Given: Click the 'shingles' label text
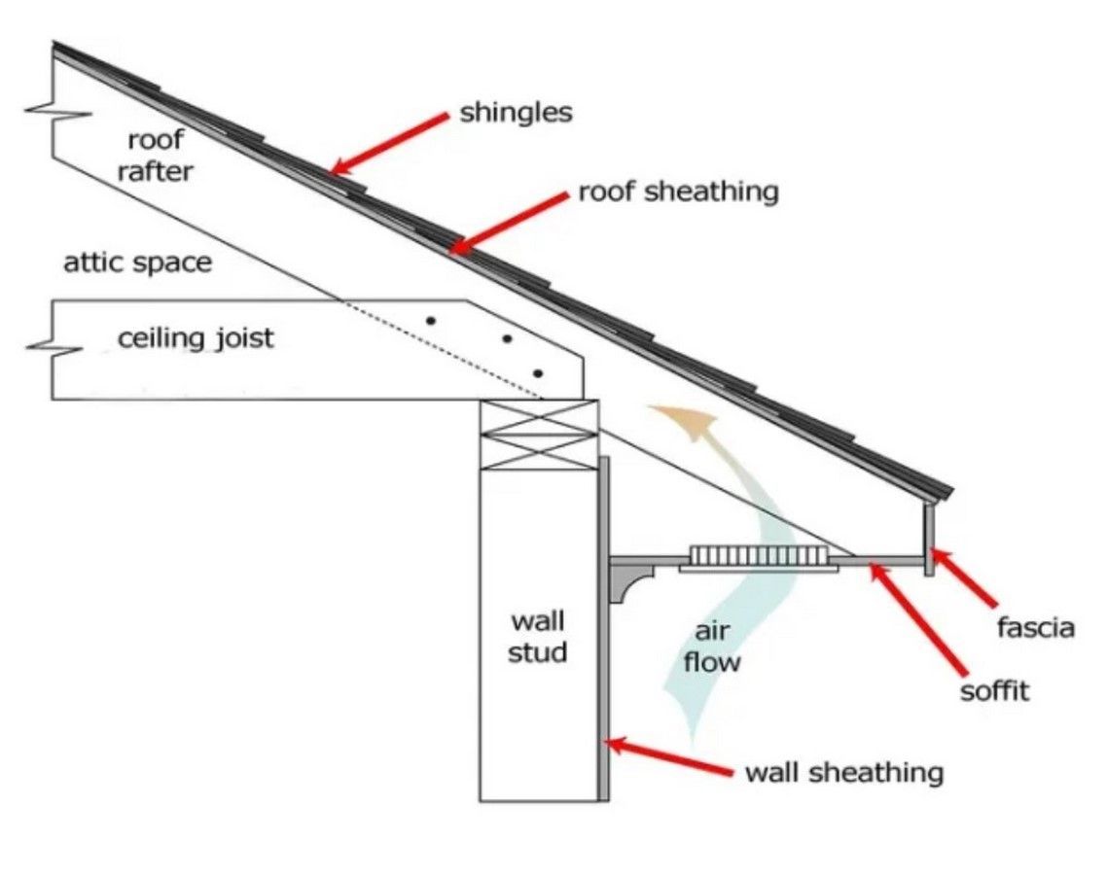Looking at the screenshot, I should (516, 113).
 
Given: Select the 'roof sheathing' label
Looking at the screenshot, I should (678, 192).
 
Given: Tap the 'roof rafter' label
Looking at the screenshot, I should (156, 156).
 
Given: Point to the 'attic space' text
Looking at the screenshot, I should (137, 262).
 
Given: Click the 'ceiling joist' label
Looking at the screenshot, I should (196, 339).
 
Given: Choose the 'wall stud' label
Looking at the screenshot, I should (537, 637).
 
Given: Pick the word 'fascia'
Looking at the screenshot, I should (1036, 628).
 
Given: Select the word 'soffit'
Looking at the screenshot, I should (994, 692).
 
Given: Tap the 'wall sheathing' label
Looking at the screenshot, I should (843, 773).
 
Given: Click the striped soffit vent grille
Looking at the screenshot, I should (759, 557).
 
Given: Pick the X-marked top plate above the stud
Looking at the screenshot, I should (539, 436).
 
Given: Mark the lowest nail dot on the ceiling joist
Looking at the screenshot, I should (538, 373).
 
